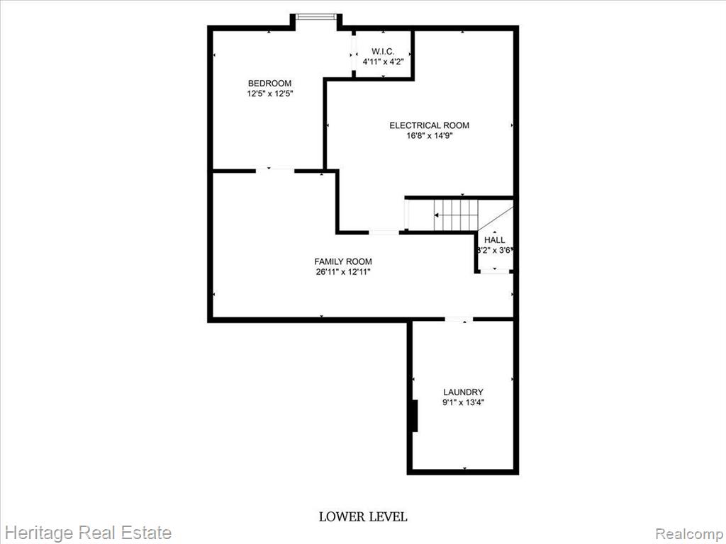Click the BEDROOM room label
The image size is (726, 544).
(x=269, y=84)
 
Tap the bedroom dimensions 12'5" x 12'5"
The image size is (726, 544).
(x=270, y=93)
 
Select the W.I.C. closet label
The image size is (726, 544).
(x=383, y=51)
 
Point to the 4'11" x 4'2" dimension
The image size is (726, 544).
(x=383, y=61)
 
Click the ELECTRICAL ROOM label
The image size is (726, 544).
(x=429, y=125)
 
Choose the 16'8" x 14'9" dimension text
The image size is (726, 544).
(x=429, y=136)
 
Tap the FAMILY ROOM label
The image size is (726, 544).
(x=343, y=261)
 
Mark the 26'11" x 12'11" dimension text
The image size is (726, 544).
(x=343, y=272)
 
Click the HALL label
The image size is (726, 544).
(x=494, y=240)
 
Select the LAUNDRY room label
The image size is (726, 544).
(x=463, y=392)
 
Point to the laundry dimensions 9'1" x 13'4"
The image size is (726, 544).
(x=463, y=402)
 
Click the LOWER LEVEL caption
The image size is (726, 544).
(x=363, y=516)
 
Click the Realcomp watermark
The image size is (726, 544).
(x=689, y=533)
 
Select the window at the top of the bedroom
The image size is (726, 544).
(x=316, y=17)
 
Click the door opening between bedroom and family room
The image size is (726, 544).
(x=275, y=170)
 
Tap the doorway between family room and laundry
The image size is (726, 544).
(x=459, y=319)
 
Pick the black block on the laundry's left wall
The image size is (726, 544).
(x=415, y=416)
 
